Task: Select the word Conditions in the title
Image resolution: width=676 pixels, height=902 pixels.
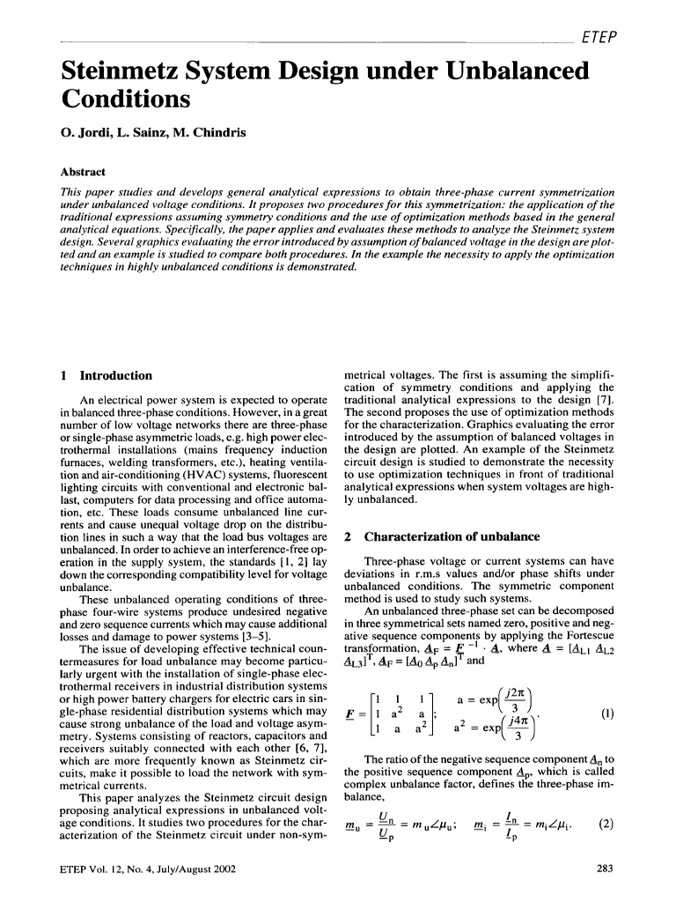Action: click(125, 100)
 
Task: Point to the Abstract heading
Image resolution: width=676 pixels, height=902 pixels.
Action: click(82, 173)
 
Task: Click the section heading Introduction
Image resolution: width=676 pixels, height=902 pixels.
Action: click(116, 375)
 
